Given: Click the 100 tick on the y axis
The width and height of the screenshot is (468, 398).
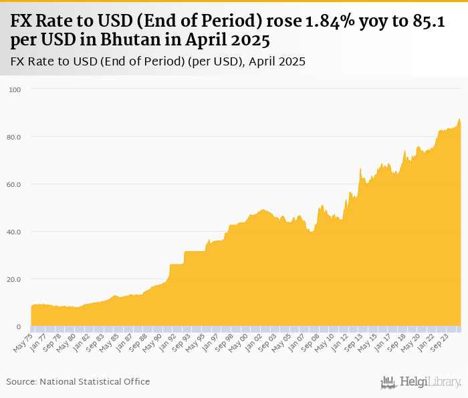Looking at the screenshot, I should coord(15,89).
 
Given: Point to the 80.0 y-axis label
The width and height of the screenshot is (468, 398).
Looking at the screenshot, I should coord(15,137).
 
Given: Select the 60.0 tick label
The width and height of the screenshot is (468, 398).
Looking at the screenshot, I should coord(15,184).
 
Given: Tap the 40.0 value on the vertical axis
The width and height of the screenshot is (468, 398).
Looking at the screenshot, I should coord(15,232).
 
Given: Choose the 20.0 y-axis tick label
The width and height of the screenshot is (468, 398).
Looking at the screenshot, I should coord(15,279).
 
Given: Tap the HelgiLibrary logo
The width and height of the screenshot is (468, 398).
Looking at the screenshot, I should coord(421,382).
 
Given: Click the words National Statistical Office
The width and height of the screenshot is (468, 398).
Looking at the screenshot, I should coord(95,382).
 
